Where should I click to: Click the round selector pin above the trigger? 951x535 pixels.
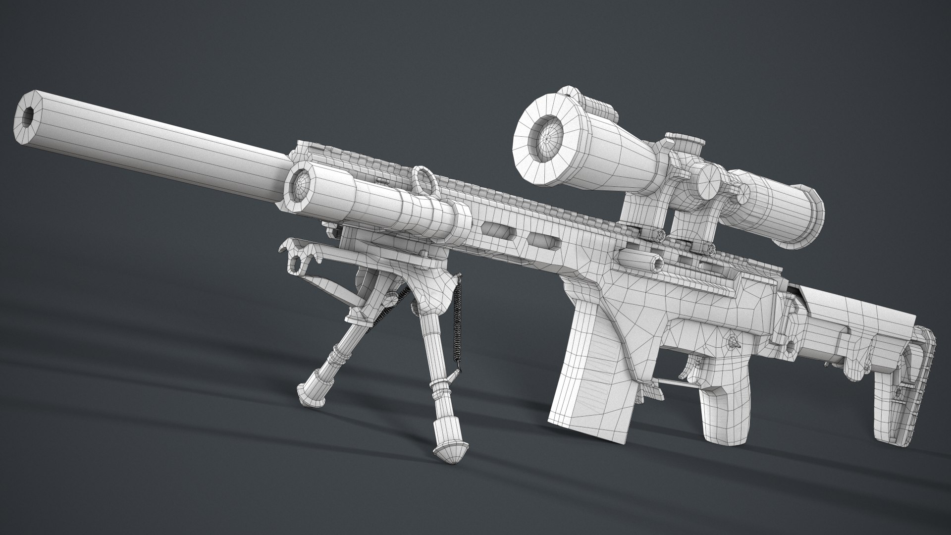(x=731, y=341)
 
